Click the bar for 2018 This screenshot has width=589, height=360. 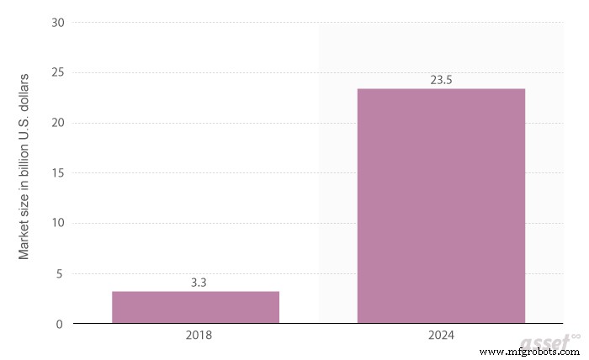[x=195, y=307]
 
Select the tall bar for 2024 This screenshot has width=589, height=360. [x=441, y=206]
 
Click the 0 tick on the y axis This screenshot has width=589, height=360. [x=60, y=324]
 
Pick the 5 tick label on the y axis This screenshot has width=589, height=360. [x=60, y=273]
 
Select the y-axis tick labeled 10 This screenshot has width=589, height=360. [x=57, y=223]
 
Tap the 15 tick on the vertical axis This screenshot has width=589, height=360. [x=57, y=173]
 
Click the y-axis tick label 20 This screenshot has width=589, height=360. [x=57, y=123]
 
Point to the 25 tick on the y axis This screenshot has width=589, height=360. [x=57, y=72]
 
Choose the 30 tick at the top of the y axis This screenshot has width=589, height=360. [x=57, y=23]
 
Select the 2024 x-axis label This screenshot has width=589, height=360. [x=441, y=336]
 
